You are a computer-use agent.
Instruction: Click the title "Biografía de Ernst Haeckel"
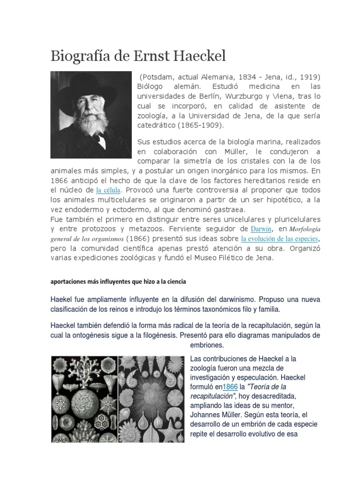(138, 56)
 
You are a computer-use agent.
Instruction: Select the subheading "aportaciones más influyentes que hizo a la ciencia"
(118, 281)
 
